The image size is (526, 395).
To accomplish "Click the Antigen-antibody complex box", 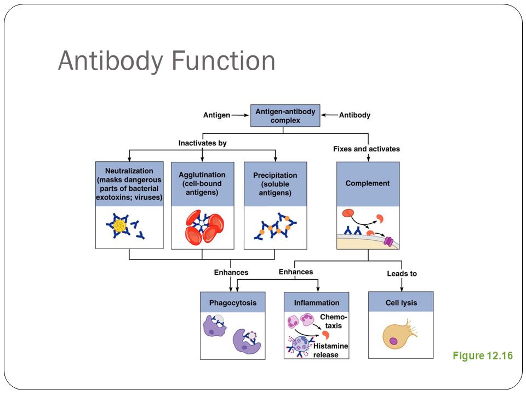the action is [x=285, y=116].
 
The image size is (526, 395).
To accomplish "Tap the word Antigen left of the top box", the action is [x=217, y=115].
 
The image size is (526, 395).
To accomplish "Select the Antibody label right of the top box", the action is [x=355, y=115].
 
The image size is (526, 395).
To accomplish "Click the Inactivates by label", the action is [x=202, y=143].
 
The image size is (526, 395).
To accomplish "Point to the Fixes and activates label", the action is [x=367, y=149].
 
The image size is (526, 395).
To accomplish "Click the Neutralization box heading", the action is [x=129, y=184].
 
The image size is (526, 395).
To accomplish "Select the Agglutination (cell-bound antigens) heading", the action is [x=202, y=184].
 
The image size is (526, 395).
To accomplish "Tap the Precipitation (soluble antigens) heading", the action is [x=275, y=184].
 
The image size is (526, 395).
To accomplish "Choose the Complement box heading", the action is [x=368, y=184].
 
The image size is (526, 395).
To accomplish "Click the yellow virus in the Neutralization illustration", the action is [x=120, y=225].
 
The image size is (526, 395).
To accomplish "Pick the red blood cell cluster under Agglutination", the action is [x=204, y=227].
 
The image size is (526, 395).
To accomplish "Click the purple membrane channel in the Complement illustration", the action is [x=388, y=241].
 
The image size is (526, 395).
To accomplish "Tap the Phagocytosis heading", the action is [x=233, y=302].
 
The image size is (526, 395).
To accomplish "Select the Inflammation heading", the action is [x=316, y=302].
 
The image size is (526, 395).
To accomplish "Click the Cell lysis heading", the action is [x=401, y=302].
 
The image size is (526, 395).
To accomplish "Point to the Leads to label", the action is [x=402, y=274].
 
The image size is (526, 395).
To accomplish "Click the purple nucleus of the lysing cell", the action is [x=393, y=342].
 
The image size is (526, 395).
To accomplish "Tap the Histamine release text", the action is [x=330, y=351].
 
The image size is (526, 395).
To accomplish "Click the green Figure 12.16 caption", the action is [x=483, y=356].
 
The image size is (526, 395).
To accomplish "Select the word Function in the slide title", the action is [x=224, y=60].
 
